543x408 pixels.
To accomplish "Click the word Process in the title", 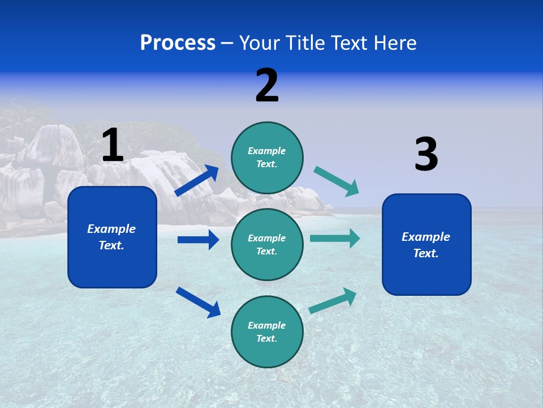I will click(x=178, y=42).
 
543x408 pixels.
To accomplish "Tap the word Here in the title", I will click(x=394, y=42).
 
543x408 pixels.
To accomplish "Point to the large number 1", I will click(x=113, y=145).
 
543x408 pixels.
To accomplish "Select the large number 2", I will click(x=267, y=86).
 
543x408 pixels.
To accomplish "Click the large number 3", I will click(x=426, y=155).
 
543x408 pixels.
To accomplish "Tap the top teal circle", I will click(x=267, y=158).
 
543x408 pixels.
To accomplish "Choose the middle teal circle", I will click(x=267, y=244).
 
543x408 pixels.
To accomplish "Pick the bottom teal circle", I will click(x=267, y=331).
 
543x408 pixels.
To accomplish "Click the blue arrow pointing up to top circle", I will click(x=197, y=181).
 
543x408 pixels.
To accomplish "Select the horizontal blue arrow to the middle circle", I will click(x=198, y=240).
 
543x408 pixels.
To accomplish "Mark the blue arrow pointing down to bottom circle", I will click(x=198, y=302).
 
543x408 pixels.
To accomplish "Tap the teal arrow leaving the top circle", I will click(x=337, y=181).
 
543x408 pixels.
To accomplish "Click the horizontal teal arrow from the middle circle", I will click(x=335, y=238).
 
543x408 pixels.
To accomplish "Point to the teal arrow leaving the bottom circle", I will click(x=333, y=300).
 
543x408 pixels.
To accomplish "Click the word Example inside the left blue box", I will click(x=111, y=229).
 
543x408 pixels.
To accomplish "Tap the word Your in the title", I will click(x=258, y=42).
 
